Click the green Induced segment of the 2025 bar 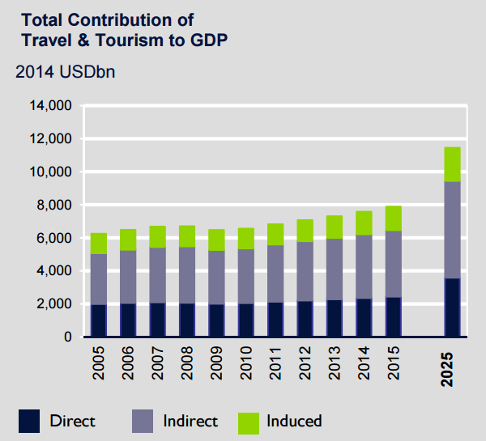pyautogui.click(x=452, y=164)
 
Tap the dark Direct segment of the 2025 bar pyautogui.click(x=452, y=307)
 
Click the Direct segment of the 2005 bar pyautogui.click(x=99, y=320)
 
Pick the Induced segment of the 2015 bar pyautogui.click(x=393, y=218)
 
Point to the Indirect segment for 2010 pyautogui.click(x=245, y=276)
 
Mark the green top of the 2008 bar pyautogui.click(x=187, y=236)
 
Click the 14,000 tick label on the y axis pyautogui.click(x=51, y=106)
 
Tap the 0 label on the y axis pyautogui.click(x=69, y=337)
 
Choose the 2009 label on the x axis pyautogui.click(x=217, y=364)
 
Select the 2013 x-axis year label pyautogui.click(x=335, y=364)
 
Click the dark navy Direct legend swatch pyautogui.click(x=29, y=421)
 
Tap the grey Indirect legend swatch pyautogui.click(x=143, y=421)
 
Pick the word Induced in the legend pyautogui.click(x=294, y=421)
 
